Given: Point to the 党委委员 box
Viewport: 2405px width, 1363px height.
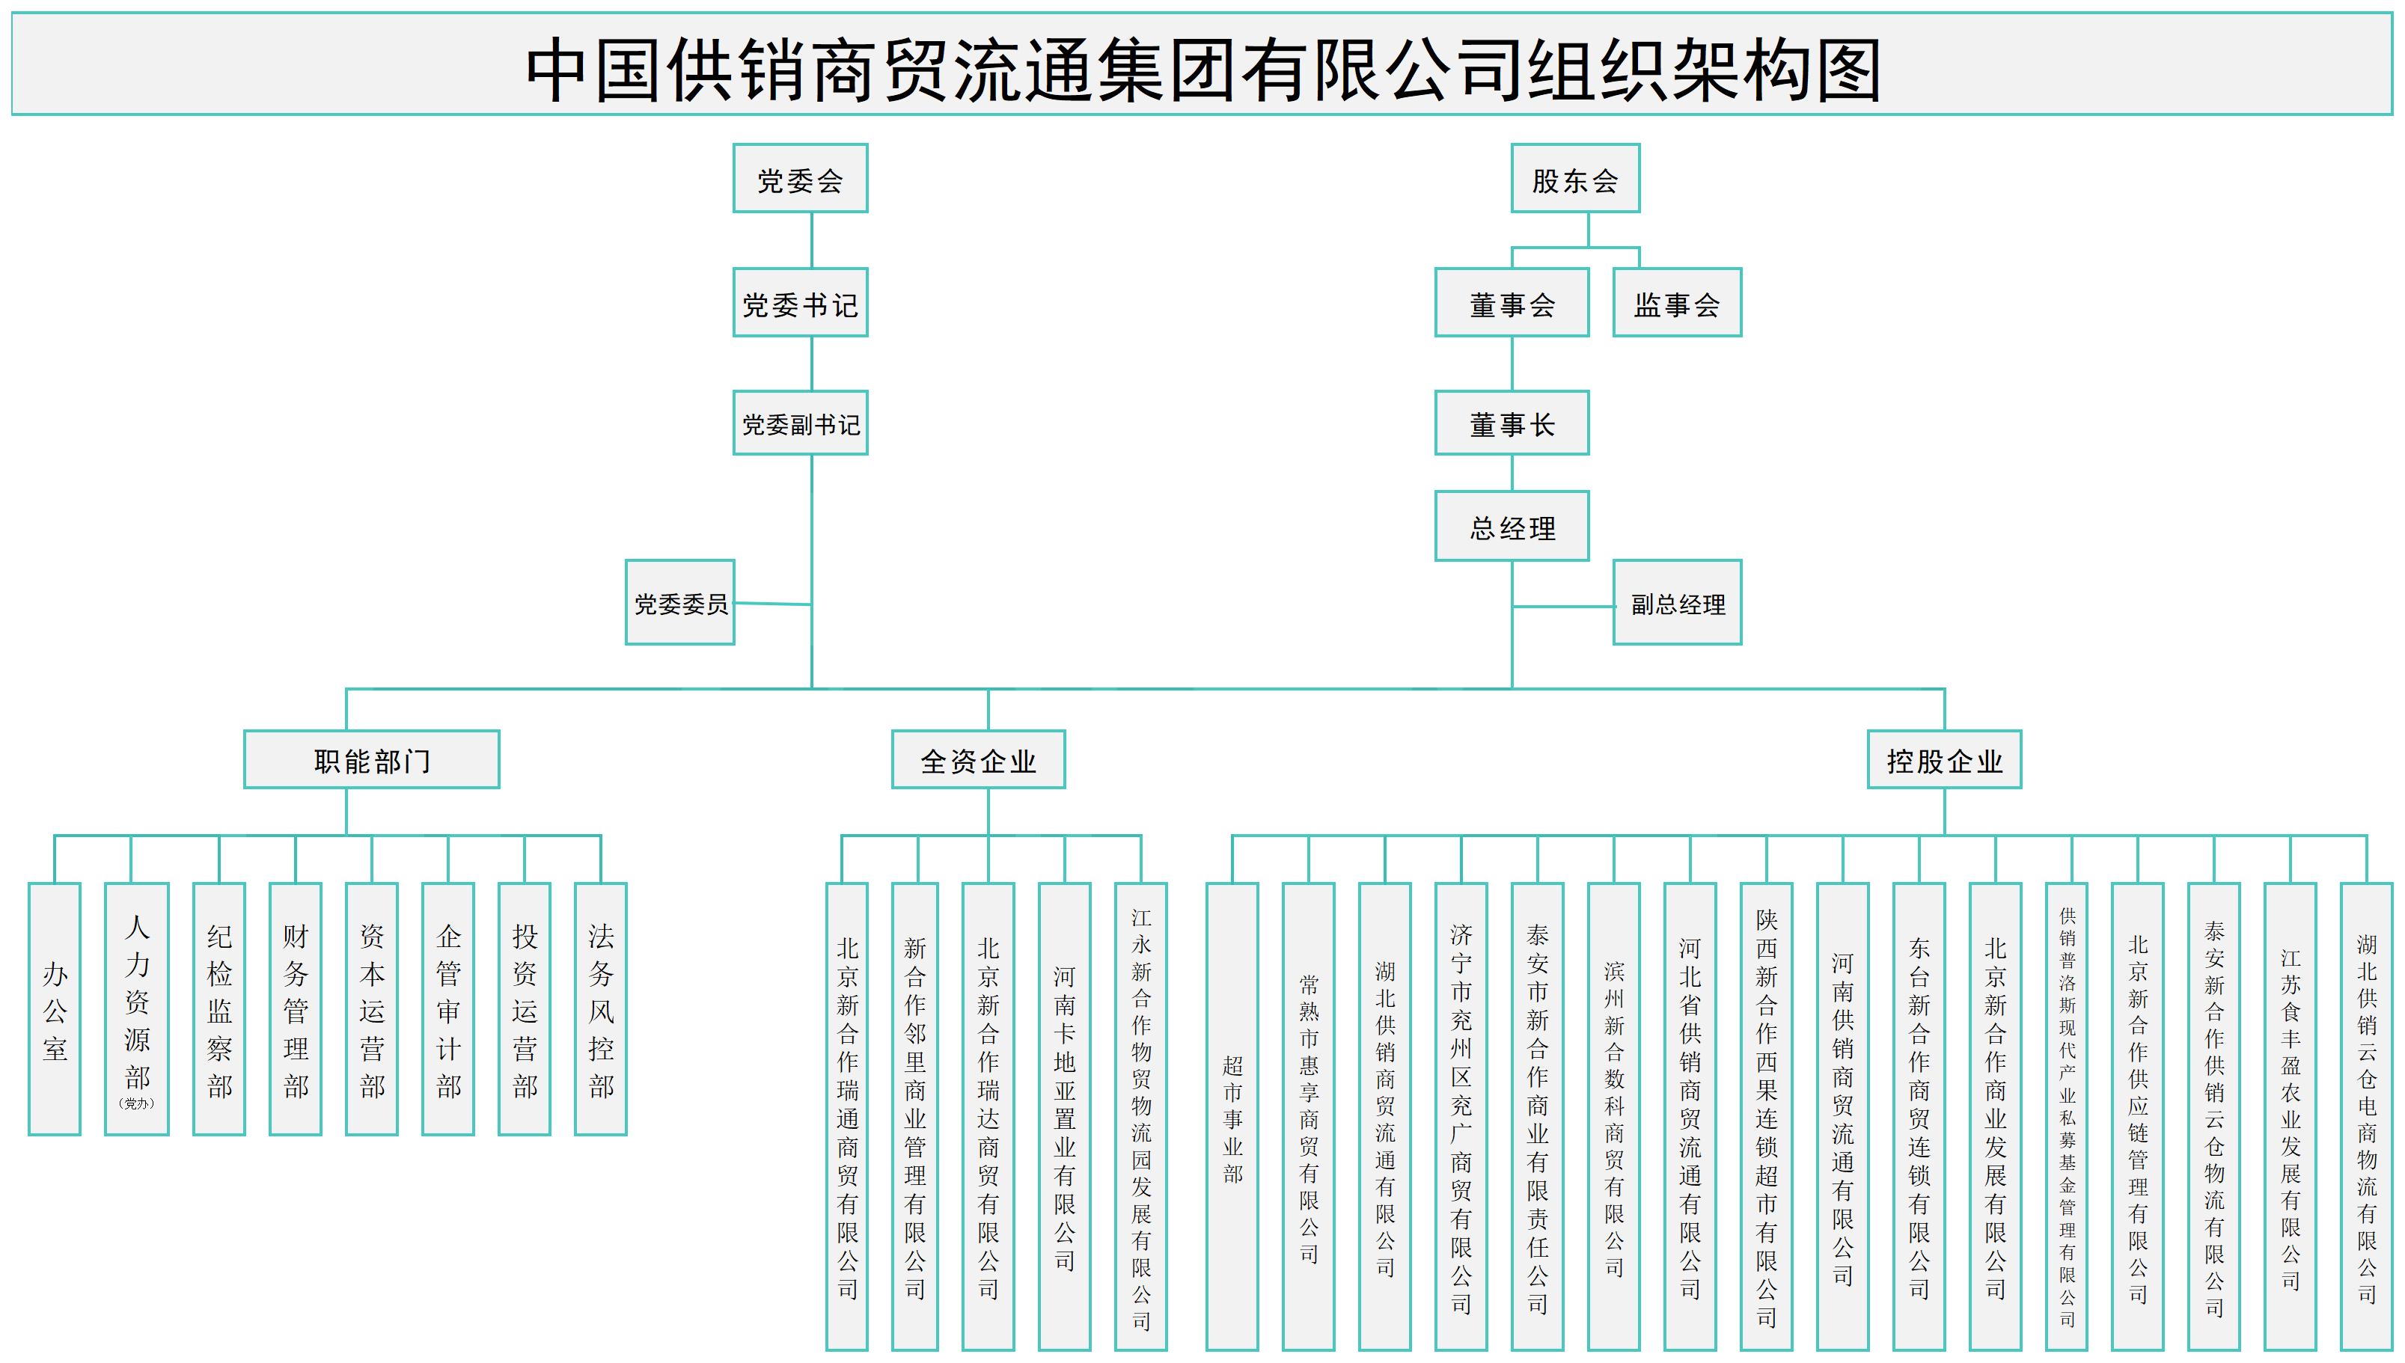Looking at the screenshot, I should coord(679,603).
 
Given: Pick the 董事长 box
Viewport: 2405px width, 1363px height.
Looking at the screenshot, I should coord(1511,423).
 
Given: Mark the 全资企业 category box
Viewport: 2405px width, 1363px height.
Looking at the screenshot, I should coord(977,759).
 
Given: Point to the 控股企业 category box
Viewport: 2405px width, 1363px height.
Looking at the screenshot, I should coord(1943,759).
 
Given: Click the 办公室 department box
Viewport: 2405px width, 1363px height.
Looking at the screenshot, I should coord(55,1009).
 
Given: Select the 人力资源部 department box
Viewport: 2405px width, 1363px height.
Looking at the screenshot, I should coord(137,1009).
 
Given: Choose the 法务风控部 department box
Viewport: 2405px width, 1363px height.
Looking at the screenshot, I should coord(600,1009).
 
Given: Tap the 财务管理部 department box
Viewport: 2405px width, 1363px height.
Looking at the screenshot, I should coord(295,1009).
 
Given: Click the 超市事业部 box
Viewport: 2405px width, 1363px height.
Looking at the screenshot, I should coord(1232,1116).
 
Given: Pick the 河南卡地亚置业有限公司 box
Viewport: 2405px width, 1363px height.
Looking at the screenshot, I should coord(1064,1116).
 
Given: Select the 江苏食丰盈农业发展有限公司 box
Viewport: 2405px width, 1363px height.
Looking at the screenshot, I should coord(2290,1116).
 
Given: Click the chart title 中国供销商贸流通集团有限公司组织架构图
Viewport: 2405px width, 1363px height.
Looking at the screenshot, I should coord(1202,66).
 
